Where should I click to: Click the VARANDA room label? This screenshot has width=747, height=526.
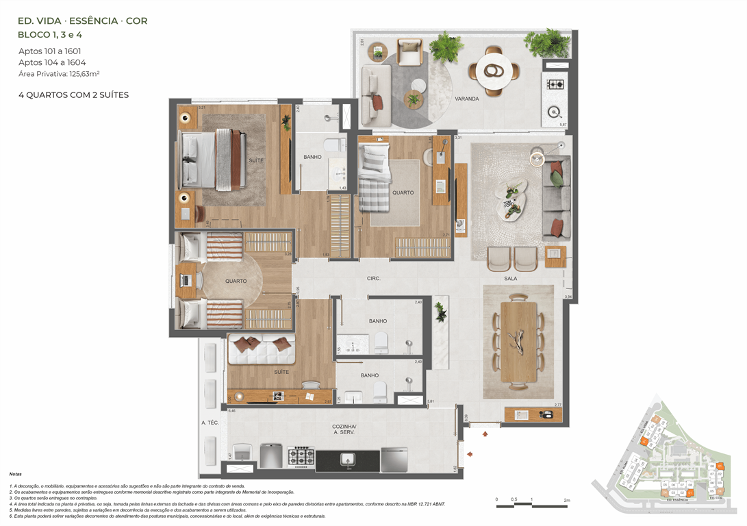pyautogui.click(x=467, y=99)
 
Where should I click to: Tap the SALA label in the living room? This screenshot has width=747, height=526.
pyautogui.click(x=510, y=279)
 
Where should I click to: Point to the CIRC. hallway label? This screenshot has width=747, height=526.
pyautogui.click(x=374, y=279)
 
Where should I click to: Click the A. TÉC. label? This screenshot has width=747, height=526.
pyautogui.click(x=210, y=423)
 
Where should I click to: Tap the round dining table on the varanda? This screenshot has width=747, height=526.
pyautogui.click(x=492, y=69)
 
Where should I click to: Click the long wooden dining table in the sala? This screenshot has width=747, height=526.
pyautogui.click(x=518, y=340)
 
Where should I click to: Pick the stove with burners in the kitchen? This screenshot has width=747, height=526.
pyautogui.click(x=301, y=457)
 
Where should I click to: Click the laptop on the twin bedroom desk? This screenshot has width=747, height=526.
pyautogui.click(x=186, y=281)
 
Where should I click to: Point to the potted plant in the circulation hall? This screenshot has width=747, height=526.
pyautogui.click(x=440, y=313)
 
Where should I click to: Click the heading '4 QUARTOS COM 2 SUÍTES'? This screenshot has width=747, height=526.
pyautogui.click(x=74, y=95)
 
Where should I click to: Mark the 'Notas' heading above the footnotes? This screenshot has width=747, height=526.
pyautogui.click(x=15, y=474)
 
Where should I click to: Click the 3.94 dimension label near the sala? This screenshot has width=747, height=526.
pyautogui.click(x=568, y=297)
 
